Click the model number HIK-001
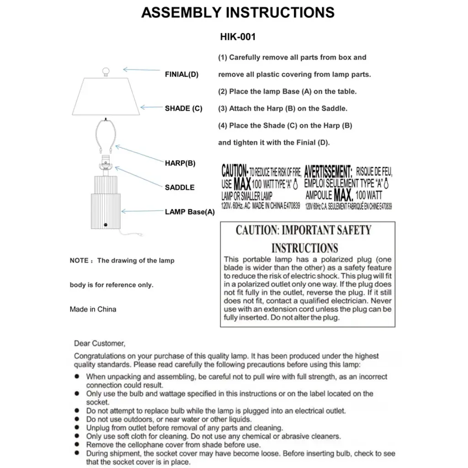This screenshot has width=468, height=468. pyautogui.click(x=238, y=37)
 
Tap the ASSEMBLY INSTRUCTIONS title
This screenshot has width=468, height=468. pyautogui.click(x=238, y=12)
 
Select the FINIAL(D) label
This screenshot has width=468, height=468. pyautogui.click(x=181, y=74)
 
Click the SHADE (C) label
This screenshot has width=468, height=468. pyautogui.click(x=183, y=108)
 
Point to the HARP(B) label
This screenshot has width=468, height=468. pyautogui.click(x=180, y=163)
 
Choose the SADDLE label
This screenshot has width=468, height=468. pyautogui.click(x=180, y=187)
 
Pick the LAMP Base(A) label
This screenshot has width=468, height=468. pyautogui.click(x=190, y=212)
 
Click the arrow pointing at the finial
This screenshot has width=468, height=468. pyautogui.click(x=141, y=70)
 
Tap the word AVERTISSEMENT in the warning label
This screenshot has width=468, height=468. pyautogui.click(x=328, y=172)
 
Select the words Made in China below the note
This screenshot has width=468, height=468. pyautogui.click(x=93, y=309)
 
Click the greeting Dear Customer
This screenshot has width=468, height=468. pyautogui.click(x=99, y=343)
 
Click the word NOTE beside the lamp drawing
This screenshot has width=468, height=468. pyautogui.click(x=79, y=261)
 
